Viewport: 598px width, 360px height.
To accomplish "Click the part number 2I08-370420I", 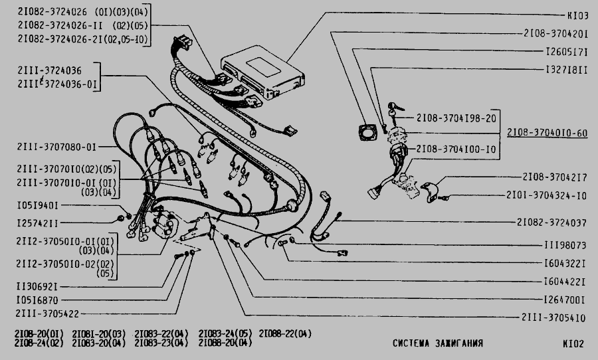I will pos(555,33).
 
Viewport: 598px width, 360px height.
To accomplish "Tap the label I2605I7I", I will pos(566,50).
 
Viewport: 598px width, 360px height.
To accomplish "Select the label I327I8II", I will pos(566,69).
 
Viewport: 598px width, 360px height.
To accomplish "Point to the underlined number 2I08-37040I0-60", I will pos(547,133).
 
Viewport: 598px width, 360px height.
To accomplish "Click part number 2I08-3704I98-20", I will pos(456,118).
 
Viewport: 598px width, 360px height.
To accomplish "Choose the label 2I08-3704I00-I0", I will pos(456,150).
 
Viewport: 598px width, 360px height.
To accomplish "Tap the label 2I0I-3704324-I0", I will pos(555,196).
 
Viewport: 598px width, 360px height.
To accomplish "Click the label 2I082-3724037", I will pos(551,222).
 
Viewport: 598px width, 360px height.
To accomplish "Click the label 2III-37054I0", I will pos(555,317).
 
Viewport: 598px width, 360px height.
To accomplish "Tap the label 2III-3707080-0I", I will pos(57,147).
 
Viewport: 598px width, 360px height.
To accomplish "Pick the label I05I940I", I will pos(39,206).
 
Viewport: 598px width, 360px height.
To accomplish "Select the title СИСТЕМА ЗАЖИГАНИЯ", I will pos(438,343).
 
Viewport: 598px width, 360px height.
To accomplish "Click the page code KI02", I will pos(572,343).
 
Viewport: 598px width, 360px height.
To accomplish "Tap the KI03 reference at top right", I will pos(575,15).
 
